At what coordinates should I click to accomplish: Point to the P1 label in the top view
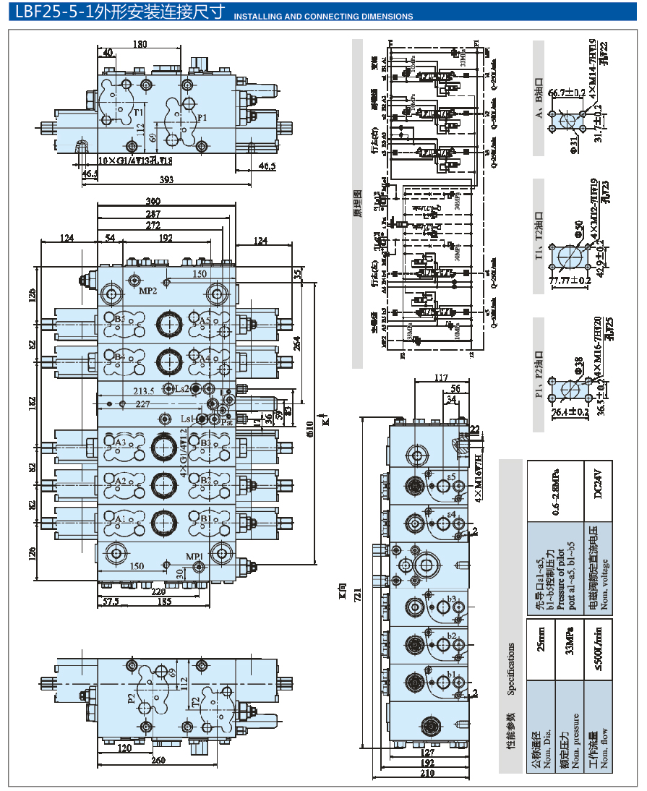[x=202, y=117]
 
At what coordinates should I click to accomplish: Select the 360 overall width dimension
[x=153, y=201]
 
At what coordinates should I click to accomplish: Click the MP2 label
[x=149, y=291]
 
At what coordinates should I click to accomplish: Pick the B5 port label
[x=120, y=319]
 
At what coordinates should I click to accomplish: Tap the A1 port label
[x=120, y=518]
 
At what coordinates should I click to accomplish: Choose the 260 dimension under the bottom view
[x=158, y=760]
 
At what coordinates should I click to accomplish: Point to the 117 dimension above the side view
[x=441, y=377]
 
